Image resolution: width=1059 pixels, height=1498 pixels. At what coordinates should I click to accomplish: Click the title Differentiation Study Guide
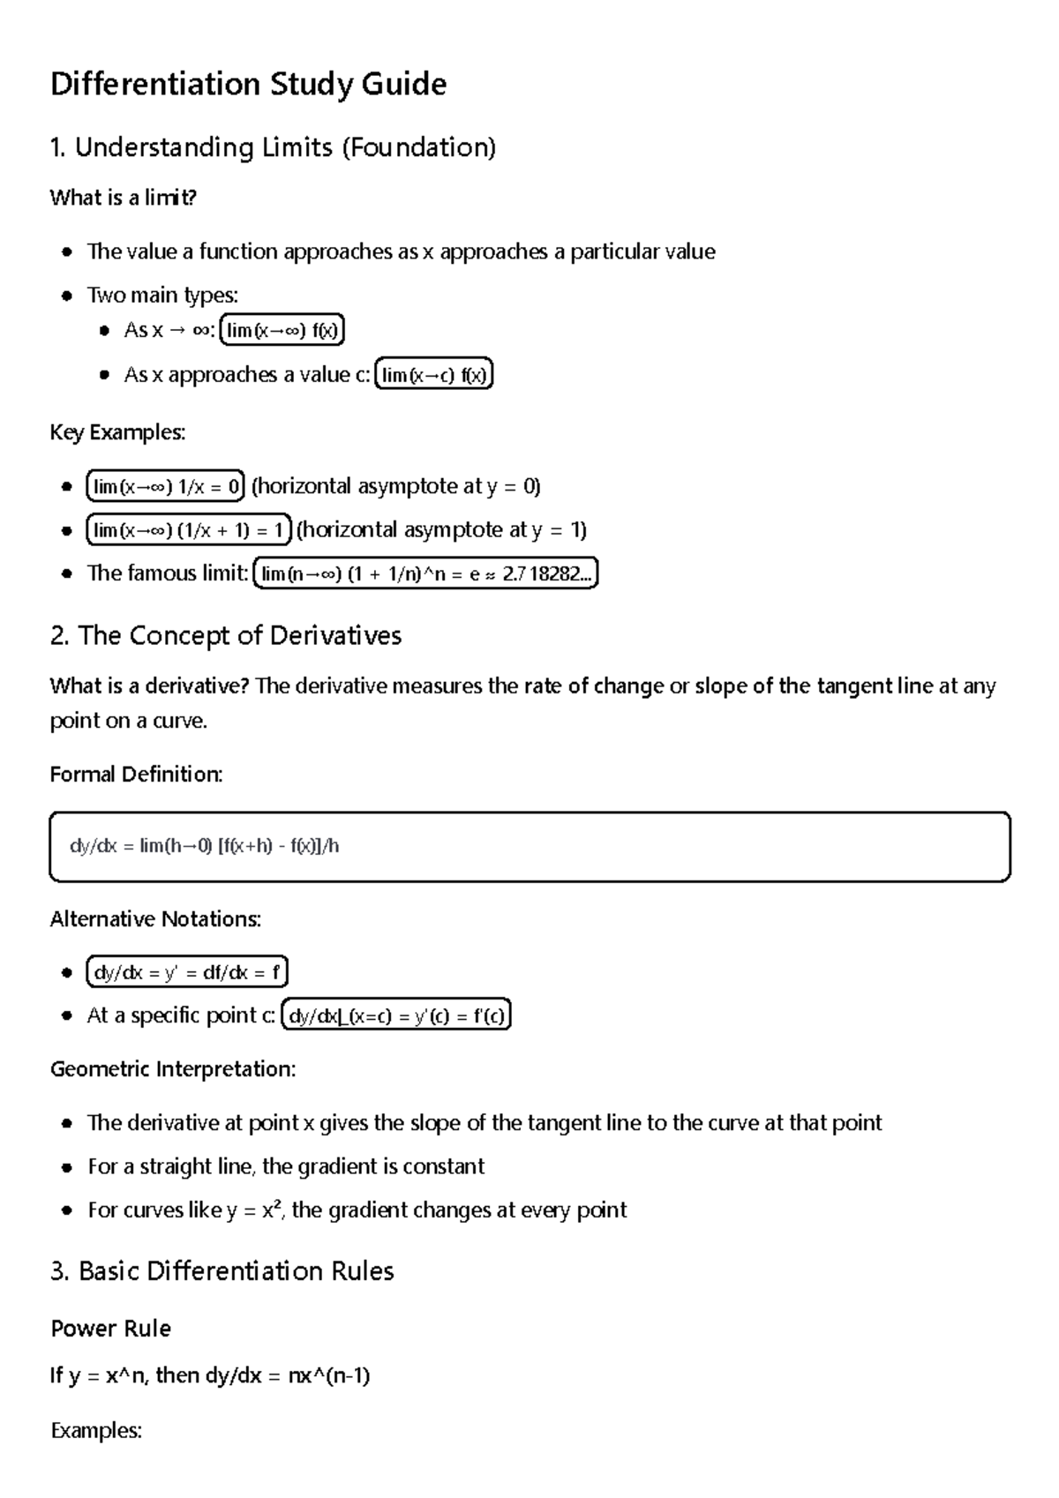pos(248,85)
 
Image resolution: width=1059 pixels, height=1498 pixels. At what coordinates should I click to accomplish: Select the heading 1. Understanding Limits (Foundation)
pos(273,147)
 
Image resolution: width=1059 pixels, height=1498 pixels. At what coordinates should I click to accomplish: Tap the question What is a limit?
pos(123,198)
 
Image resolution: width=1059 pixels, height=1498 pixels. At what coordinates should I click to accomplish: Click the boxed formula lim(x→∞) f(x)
pos(282,331)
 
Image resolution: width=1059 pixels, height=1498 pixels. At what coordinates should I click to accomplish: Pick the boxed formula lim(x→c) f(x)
pos(433,375)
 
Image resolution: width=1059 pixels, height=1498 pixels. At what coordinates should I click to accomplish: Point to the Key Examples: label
pos(117,432)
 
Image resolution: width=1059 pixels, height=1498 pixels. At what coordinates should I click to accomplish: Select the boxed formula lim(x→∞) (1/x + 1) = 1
pos(189,530)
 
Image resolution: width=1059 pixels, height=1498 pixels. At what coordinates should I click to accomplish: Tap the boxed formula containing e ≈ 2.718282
pos(425,574)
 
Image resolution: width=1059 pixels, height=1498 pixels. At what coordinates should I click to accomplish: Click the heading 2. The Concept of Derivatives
pos(226,636)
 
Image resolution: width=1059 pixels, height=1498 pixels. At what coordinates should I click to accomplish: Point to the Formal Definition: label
pos(136,775)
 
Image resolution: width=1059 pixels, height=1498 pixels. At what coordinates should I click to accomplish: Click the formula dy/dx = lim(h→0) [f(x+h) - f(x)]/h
pos(205,847)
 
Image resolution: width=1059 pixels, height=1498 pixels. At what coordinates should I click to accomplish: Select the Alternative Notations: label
pos(155,919)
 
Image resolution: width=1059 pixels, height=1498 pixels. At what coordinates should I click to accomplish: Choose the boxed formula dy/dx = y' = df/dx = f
pos(187,972)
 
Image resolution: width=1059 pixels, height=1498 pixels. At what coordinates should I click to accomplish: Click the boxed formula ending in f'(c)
pos(396,1016)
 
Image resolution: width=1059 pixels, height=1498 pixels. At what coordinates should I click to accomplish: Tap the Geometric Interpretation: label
pos(173,1069)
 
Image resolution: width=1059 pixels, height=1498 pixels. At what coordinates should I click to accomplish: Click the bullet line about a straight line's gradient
pos(286,1166)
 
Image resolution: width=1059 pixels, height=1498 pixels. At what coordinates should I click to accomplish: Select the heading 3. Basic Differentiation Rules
pos(222,1271)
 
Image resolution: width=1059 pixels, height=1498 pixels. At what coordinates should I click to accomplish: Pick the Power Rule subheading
pos(110,1329)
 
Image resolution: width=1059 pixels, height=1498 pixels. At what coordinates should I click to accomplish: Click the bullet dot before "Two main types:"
pos(67,296)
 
